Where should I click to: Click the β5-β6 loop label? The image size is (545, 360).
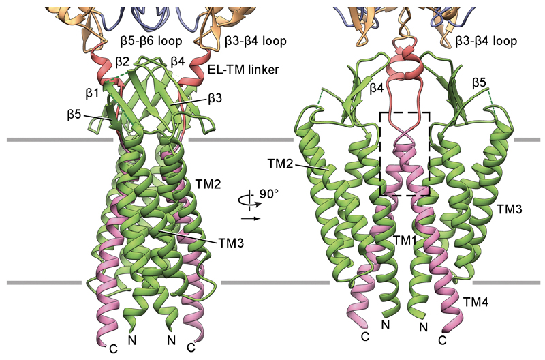(x=151, y=41)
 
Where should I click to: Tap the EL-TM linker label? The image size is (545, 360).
(x=243, y=70)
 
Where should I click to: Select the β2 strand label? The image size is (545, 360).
(x=122, y=62)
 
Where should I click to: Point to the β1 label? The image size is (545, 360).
(x=91, y=93)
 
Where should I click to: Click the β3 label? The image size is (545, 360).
(x=215, y=99)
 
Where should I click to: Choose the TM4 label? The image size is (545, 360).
(x=476, y=302)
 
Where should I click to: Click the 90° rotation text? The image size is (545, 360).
(x=269, y=194)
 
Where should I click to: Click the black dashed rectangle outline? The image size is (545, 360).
(x=405, y=153)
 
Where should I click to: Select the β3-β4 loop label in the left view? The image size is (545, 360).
(x=255, y=41)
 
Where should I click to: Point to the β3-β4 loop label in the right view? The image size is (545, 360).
(x=486, y=41)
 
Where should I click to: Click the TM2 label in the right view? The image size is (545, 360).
(x=281, y=163)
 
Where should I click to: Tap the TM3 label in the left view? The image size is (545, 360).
(x=231, y=243)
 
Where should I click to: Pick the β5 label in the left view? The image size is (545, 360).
(x=74, y=115)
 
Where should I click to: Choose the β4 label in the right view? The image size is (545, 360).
(x=376, y=89)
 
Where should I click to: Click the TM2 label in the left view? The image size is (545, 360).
(x=208, y=183)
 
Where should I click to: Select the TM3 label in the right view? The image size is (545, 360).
(x=509, y=209)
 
